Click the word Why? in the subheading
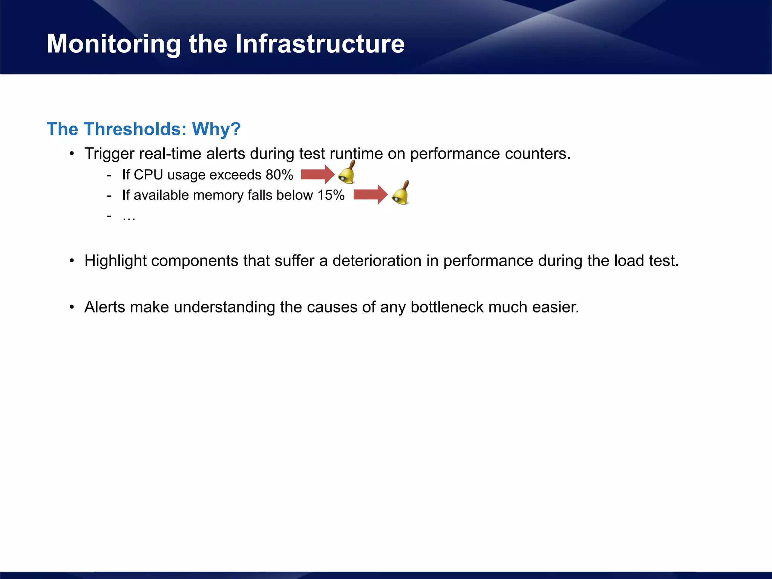(x=216, y=129)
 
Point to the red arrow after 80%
(x=317, y=175)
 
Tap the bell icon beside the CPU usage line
(x=347, y=173)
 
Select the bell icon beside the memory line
(x=401, y=193)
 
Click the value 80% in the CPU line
(x=279, y=175)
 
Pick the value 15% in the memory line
(x=331, y=195)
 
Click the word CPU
(x=148, y=175)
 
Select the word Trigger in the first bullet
(x=109, y=154)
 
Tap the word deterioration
(x=377, y=261)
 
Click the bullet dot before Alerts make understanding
(x=72, y=307)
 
